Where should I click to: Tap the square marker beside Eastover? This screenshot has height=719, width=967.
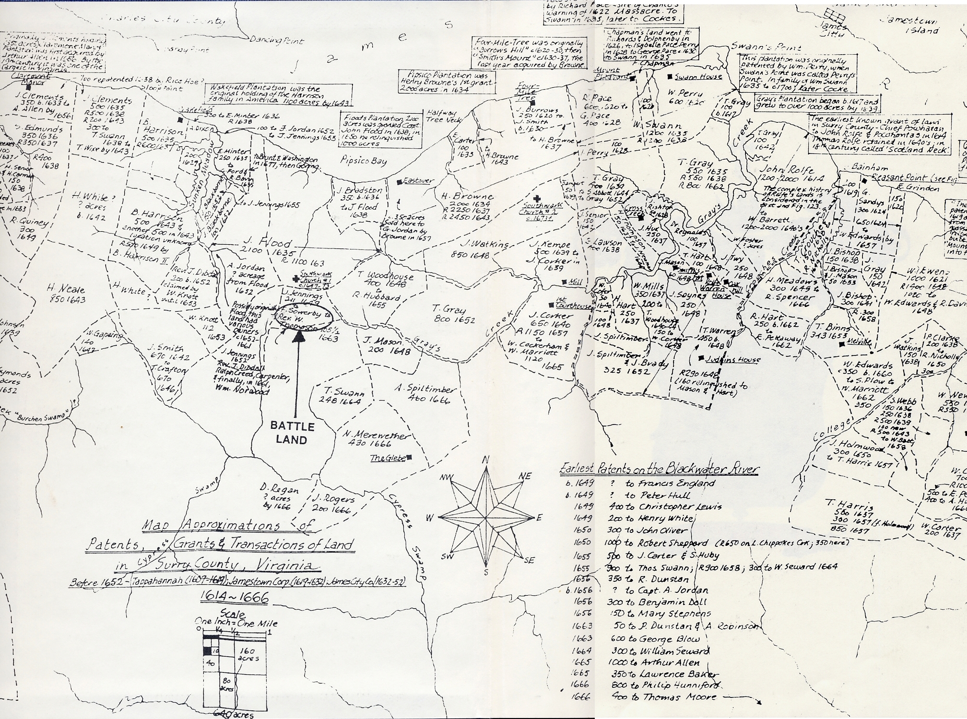[x=399, y=182]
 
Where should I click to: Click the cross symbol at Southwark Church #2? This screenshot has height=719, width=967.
[x=538, y=199]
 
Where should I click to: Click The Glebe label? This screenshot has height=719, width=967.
[x=388, y=458]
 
